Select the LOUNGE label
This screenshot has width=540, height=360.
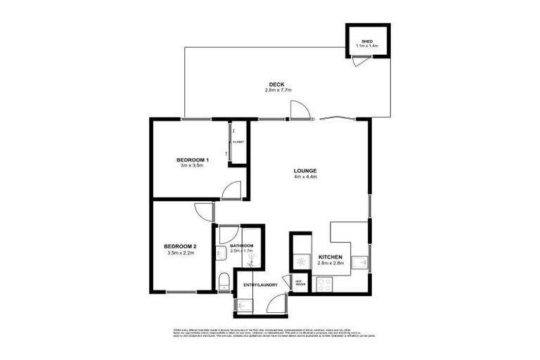[x=306, y=171]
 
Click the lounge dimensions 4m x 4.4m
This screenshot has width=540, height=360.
[x=306, y=177]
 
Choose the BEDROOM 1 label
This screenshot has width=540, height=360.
[x=190, y=160]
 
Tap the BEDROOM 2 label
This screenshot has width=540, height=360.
[x=180, y=246]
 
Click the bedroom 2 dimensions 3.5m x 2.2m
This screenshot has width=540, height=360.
[x=180, y=252]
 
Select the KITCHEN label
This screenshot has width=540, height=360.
[x=330, y=258]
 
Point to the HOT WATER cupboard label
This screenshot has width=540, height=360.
[x=299, y=283]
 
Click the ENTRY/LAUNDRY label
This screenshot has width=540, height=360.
[x=257, y=285]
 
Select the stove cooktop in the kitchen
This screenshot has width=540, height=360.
[x=325, y=285]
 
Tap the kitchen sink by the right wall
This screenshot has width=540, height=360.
[x=360, y=263]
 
